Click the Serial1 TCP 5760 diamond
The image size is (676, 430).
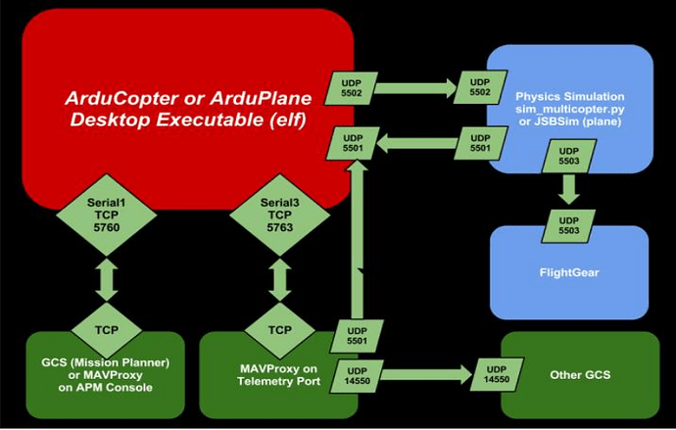[x=107, y=215]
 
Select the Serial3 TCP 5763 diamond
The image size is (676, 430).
[x=280, y=215]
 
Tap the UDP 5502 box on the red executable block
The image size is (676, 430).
[x=352, y=88]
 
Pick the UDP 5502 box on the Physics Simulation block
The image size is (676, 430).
[x=480, y=87]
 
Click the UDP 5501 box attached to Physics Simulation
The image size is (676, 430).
[x=480, y=143]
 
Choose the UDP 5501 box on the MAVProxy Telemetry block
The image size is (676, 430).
[x=357, y=336]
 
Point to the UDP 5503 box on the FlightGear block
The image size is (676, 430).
[x=568, y=225]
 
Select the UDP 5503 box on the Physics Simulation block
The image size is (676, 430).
[x=568, y=156]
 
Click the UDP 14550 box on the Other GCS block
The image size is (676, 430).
[x=497, y=374]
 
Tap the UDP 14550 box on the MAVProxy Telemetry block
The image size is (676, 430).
[x=357, y=376]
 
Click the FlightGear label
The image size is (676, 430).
[x=569, y=272]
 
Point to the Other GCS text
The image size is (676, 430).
[x=580, y=375]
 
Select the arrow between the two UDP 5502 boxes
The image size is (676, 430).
[x=415, y=88]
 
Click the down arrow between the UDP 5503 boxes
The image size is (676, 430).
[x=569, y=190]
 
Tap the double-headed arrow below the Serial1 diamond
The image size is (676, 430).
[x=107, y=279]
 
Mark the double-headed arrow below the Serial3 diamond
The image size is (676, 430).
[x=280, y=279]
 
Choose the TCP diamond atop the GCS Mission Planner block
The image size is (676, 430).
[x=107, y=330]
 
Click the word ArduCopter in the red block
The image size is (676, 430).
[x=121, y=99]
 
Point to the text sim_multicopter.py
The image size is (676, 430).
[x=570, y=109]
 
